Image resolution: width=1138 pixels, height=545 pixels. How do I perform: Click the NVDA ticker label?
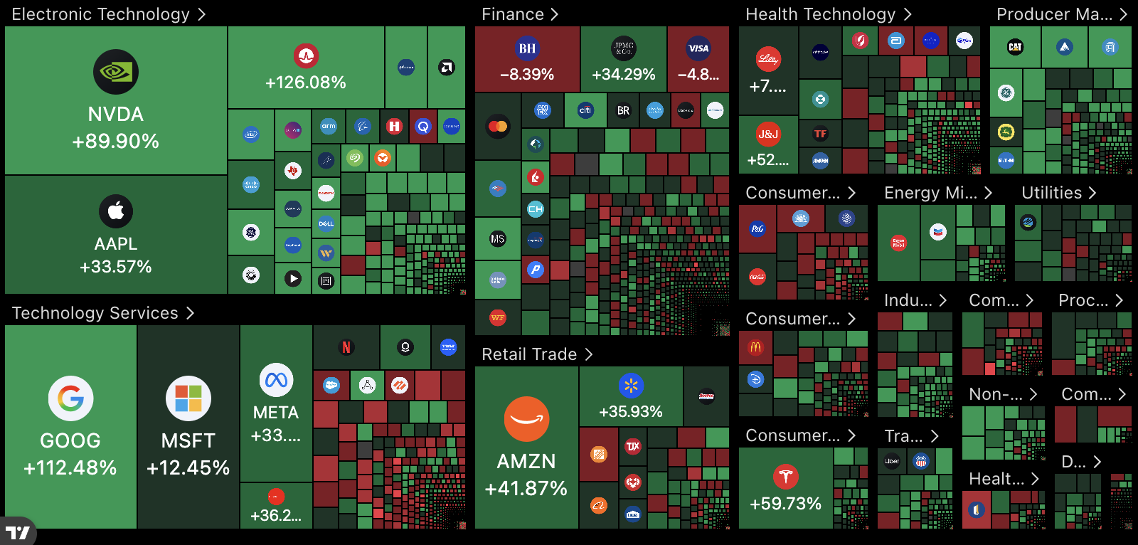[115, 114]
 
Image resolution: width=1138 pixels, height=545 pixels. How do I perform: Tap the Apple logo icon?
[116, 211]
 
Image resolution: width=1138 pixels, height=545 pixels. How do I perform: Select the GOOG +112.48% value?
[70, 467]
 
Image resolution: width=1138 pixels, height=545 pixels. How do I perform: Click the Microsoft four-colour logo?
[188, 398]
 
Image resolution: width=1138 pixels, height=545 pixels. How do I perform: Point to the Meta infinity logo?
[276, 381]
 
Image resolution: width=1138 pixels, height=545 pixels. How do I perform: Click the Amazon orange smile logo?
[526, 419]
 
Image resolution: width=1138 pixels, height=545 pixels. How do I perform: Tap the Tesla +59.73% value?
[785, 504]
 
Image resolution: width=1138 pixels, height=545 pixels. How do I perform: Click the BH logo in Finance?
[527, 48]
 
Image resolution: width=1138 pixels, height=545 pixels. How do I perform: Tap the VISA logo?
[698, 48]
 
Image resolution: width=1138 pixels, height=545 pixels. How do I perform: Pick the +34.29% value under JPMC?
[623, 74]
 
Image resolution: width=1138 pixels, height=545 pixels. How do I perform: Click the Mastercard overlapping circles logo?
[498, 126]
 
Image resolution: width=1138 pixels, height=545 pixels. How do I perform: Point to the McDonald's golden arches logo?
[755, 348]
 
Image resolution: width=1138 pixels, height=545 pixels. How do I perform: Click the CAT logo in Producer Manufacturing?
[1015, 47]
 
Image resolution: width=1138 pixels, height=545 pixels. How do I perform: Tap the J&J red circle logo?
[768, 134]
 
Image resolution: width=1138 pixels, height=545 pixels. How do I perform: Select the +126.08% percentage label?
[306, 83]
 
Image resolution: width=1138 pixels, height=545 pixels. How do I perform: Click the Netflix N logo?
[346, 347]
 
